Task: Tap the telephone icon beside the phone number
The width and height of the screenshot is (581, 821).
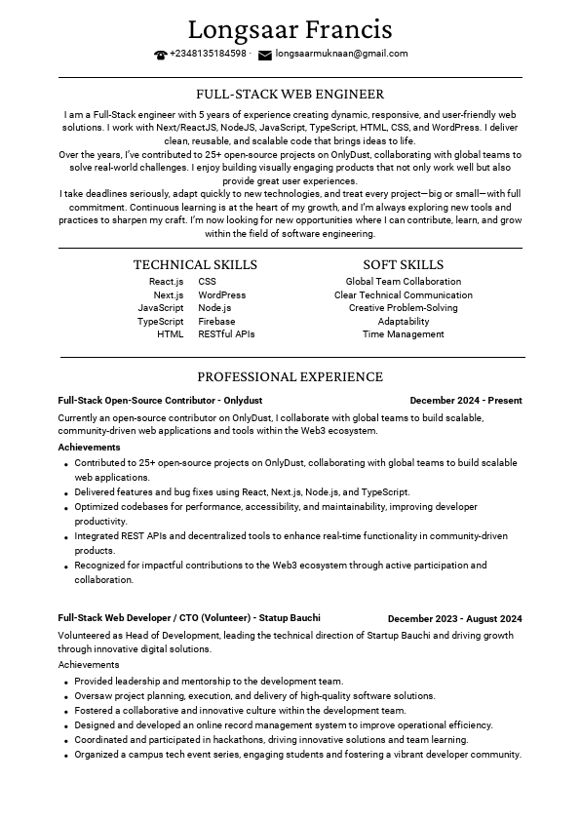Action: (161, 55)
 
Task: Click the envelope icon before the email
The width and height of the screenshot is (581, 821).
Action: (264, 55)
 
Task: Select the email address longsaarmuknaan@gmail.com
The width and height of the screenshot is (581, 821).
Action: (341, 54)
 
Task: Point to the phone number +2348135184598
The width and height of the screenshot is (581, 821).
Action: (208, 54)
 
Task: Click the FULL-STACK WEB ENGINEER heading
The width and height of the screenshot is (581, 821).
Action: (290, 95)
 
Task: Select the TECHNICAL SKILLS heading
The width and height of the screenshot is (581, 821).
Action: (195, 265)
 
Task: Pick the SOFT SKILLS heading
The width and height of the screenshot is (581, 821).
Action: (403, 265)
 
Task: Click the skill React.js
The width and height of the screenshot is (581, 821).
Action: (166, 282)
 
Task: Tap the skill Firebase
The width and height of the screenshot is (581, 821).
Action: (216, 321)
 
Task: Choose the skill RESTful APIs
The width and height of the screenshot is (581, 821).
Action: (226, 334)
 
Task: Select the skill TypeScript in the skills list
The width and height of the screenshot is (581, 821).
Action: (160, 321)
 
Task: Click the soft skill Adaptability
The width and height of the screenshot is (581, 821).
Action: (403, 321)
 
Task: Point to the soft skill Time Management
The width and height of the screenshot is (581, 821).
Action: (403, 334)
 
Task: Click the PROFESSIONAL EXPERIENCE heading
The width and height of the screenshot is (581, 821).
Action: (290, 377)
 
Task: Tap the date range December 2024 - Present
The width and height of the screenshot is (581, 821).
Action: (465, 401)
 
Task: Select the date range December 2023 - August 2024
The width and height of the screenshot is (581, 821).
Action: (454, 619)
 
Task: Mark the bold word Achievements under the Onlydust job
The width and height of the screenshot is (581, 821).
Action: (89, 448)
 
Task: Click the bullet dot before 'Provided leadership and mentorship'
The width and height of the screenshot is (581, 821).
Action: (65, 683)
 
